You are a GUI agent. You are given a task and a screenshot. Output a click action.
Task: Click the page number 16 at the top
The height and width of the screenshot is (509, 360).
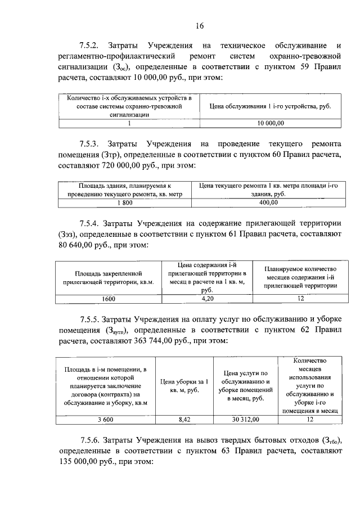point(199,25)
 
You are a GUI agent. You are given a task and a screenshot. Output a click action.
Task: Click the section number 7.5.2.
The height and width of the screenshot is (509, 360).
point(92,44)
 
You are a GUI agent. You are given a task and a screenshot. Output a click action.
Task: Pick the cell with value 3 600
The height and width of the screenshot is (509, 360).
point(105,419)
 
